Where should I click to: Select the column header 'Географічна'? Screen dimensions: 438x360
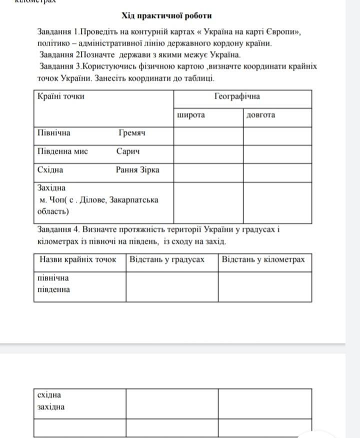pyautogui.click(x=237, y=96)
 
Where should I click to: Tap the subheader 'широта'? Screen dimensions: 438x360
pyautogui.click(x=191, y=115)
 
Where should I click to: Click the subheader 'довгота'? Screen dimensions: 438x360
pyautogui.click(x=260, y=115)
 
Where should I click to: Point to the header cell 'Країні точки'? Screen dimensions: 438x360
pyautogui.click(x=61, y=96)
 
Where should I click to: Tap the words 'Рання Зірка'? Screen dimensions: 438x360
pyautogui.click(x=137, y=169)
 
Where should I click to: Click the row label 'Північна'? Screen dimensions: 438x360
pyautogui.click(x=54, y=133)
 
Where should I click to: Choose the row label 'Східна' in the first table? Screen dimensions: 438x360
pyautogui.click(x=50, y=169)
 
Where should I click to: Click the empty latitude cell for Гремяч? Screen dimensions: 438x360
pyautogui.click(x=208, y=135)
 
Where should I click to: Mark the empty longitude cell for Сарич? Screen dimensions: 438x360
pyautogui.click(x=277, y=154)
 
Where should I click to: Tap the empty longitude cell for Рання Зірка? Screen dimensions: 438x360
pyautogui.click(x=277, y=172)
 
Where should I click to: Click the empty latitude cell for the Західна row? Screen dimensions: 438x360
pyautogui.click(x=208, y=202)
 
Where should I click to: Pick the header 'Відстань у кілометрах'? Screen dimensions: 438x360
pyautogui.click(x=263, y=259)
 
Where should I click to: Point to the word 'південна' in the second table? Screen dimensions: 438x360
pyautogui.click(x=53, y=289)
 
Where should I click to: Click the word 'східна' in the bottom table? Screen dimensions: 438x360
pyautogui.click(x=49, y=395)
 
